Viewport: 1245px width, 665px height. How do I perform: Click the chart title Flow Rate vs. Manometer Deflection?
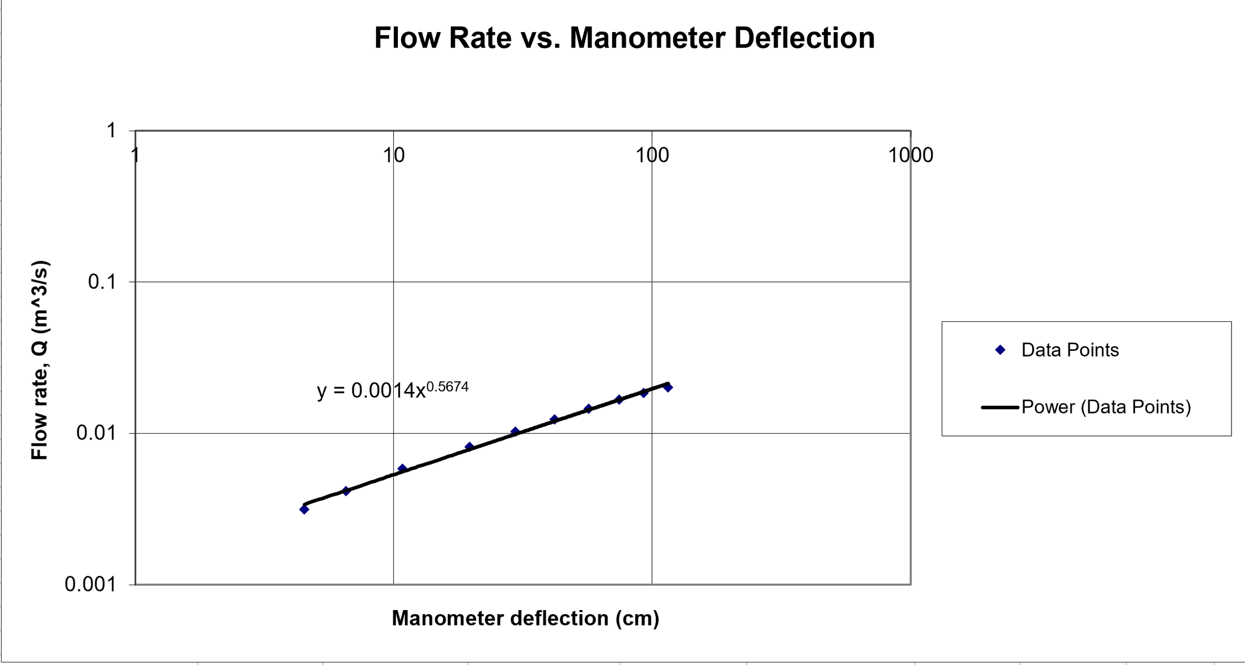point(624,38)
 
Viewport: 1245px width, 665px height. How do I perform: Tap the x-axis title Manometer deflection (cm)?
point(525,618)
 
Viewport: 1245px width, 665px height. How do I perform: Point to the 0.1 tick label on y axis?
point(102,282)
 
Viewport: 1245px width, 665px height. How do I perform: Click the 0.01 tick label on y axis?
point(96,432)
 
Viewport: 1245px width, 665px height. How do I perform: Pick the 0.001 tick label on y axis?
point(90,584)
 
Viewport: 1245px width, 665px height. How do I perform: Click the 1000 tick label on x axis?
point(910,155)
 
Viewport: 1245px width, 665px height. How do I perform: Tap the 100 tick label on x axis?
point(652,155)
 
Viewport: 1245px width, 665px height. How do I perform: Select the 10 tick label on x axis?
point(394,155)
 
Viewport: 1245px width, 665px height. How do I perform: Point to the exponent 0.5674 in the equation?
point(447,387)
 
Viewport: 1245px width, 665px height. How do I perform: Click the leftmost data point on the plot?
point(305,510)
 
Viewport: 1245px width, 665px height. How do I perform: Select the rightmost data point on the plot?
point(668,387)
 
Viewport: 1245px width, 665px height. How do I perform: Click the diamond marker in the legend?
point(1001,350)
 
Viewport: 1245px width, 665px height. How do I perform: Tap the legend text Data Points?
point(1070,350)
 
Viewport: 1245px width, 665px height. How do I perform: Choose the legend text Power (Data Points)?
point(1106,407)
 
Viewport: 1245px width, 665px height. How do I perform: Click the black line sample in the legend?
point(1000,407)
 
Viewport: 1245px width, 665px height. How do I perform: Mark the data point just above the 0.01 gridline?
point(515,431)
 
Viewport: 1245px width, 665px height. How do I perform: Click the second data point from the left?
point(346,491)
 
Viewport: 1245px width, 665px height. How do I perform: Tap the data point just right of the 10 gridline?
point(402,469)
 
